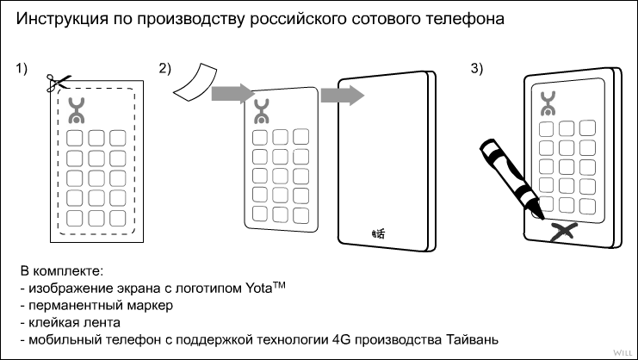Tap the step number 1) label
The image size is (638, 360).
(x=23, y=69)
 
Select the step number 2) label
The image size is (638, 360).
(x=164, y=69)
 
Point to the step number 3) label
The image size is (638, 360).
(x=476, y=69)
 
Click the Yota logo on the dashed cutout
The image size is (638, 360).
(x=78, y=109)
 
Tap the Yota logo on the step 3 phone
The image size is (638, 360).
(x=548, y=104)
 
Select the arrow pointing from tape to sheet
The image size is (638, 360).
(x=231, y=91)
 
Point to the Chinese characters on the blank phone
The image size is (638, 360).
(x=375, y=232)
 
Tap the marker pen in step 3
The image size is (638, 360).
(x=510, y=177)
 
